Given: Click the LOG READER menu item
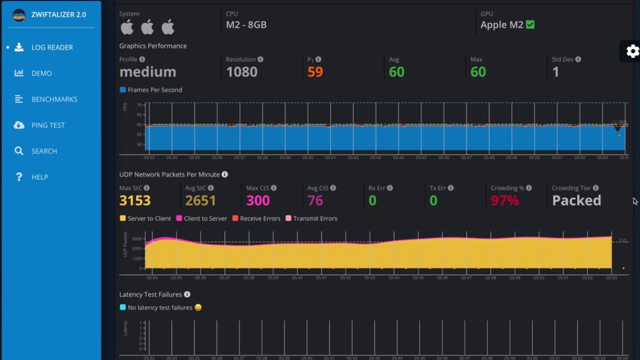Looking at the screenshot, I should (52, 48).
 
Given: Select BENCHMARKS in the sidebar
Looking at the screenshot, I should (54, 99).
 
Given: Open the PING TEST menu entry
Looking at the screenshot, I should (48, 125).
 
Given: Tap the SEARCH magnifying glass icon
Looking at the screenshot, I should (19, 151).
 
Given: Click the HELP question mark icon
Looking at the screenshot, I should (19, 177).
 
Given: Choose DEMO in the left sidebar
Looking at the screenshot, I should (41, 74).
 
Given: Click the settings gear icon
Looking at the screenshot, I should (632, 51).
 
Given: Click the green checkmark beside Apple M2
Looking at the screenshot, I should (530, 25).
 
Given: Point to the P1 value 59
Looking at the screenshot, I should (315, 72).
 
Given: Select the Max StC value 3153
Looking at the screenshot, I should (135, 200).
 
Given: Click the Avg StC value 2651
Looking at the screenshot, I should (200, 200).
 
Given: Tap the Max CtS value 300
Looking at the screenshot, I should (258, 200).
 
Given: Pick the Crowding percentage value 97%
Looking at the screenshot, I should (505, 200).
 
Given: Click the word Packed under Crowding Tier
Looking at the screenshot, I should (576, 200).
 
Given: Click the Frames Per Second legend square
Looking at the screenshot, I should (123, 90).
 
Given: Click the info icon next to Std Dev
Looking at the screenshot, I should (578, 60).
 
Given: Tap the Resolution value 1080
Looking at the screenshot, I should (241, 72).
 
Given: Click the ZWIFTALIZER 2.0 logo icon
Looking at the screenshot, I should (19, 15).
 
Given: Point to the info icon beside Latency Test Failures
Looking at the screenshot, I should (187, 294).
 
